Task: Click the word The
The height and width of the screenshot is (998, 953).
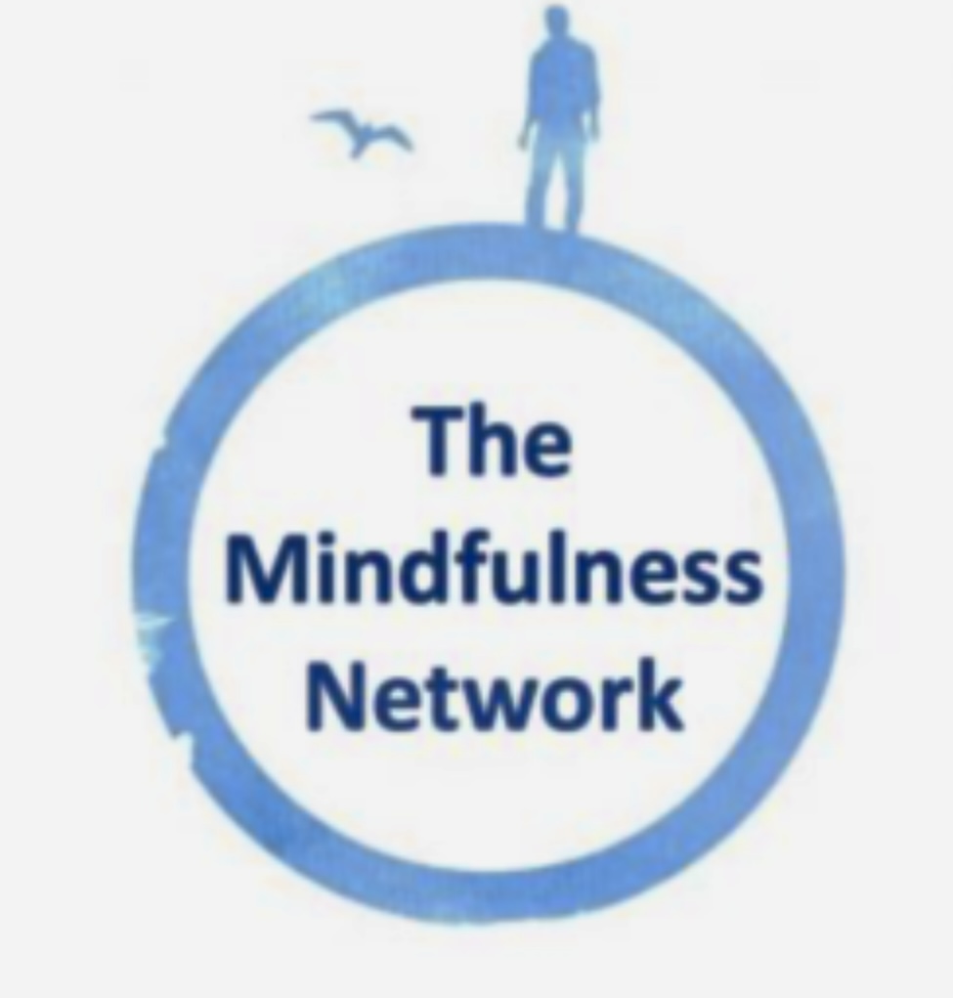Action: [493, 440]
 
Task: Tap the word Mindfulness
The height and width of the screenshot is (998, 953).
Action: [494, 569]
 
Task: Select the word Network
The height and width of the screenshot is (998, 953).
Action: [495, 694]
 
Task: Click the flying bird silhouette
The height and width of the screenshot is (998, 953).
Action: [361, 132]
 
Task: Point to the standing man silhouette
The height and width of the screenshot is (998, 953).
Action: [558, 117]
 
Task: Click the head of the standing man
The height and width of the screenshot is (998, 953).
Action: [556, 22]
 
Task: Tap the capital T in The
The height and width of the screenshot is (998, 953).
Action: [439, 440]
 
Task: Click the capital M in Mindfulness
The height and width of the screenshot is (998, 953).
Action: [262, 569]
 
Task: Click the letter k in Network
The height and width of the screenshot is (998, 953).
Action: [662, 694]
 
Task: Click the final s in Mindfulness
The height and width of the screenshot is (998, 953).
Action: [742, 577]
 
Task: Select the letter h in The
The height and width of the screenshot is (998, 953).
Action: [492, 440]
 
